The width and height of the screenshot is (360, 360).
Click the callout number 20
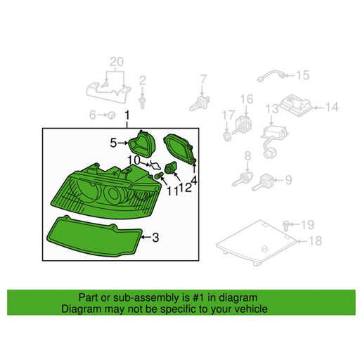point(117,62)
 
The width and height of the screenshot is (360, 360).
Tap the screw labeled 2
point(142,102)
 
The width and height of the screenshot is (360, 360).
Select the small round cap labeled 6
point(112,115)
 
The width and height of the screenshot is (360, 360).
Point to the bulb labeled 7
point(200,103)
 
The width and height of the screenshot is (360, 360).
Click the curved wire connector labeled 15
point(271,75)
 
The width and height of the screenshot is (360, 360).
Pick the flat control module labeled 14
point(297,105)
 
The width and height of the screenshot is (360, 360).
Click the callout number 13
point(272,109)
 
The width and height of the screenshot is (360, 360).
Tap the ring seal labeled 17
point(227,136)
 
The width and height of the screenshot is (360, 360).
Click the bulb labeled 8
point(243,179)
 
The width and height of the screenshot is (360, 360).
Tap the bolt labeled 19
point(285,226)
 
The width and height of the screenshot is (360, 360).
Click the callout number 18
point(315,240)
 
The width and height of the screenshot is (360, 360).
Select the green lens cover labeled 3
point(94,236)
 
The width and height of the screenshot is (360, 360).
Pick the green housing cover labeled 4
point(180,148)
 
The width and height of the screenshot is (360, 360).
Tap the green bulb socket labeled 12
point(171,168)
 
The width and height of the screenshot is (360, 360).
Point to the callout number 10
point(134,160)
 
